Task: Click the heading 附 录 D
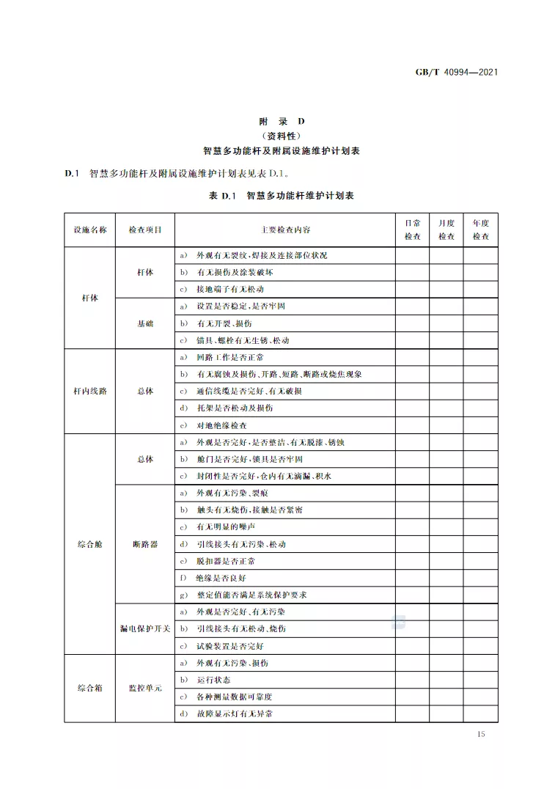pos(281,122)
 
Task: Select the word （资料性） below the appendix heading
pos(281,136)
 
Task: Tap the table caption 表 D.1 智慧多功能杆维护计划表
pos(281,196)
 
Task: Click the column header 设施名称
pos(89,230)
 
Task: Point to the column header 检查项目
pos(145,230)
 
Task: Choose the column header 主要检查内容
pos(285,230)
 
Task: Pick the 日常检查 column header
pos(413,230)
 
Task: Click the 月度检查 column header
pos(446,230)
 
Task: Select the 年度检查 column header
pos(480,230)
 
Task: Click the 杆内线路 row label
pos(89,391)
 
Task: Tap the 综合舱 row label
pos(89,544)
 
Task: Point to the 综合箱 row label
pos(89,688)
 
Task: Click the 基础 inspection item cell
pos(145,323)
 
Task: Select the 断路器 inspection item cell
pos(145,544)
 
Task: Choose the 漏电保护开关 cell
pos(145,628)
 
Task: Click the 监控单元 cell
pos(145,688)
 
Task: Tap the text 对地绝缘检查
pos(221,425)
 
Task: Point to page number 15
pos(480,734)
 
